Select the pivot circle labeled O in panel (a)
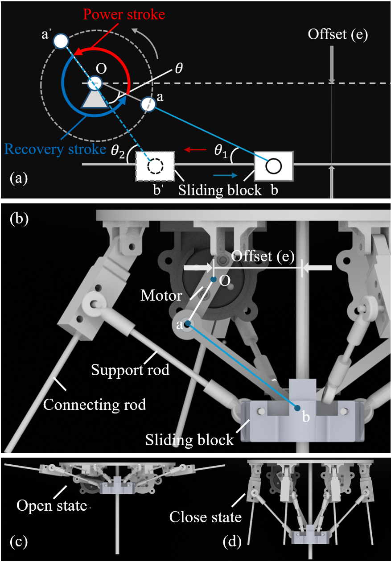point(95,83)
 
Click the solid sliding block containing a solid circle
point(273,166)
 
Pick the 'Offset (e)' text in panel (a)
point(337,35)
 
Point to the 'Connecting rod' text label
point(94,404)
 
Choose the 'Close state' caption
point(206,517)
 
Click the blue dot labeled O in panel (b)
point(214,280)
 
